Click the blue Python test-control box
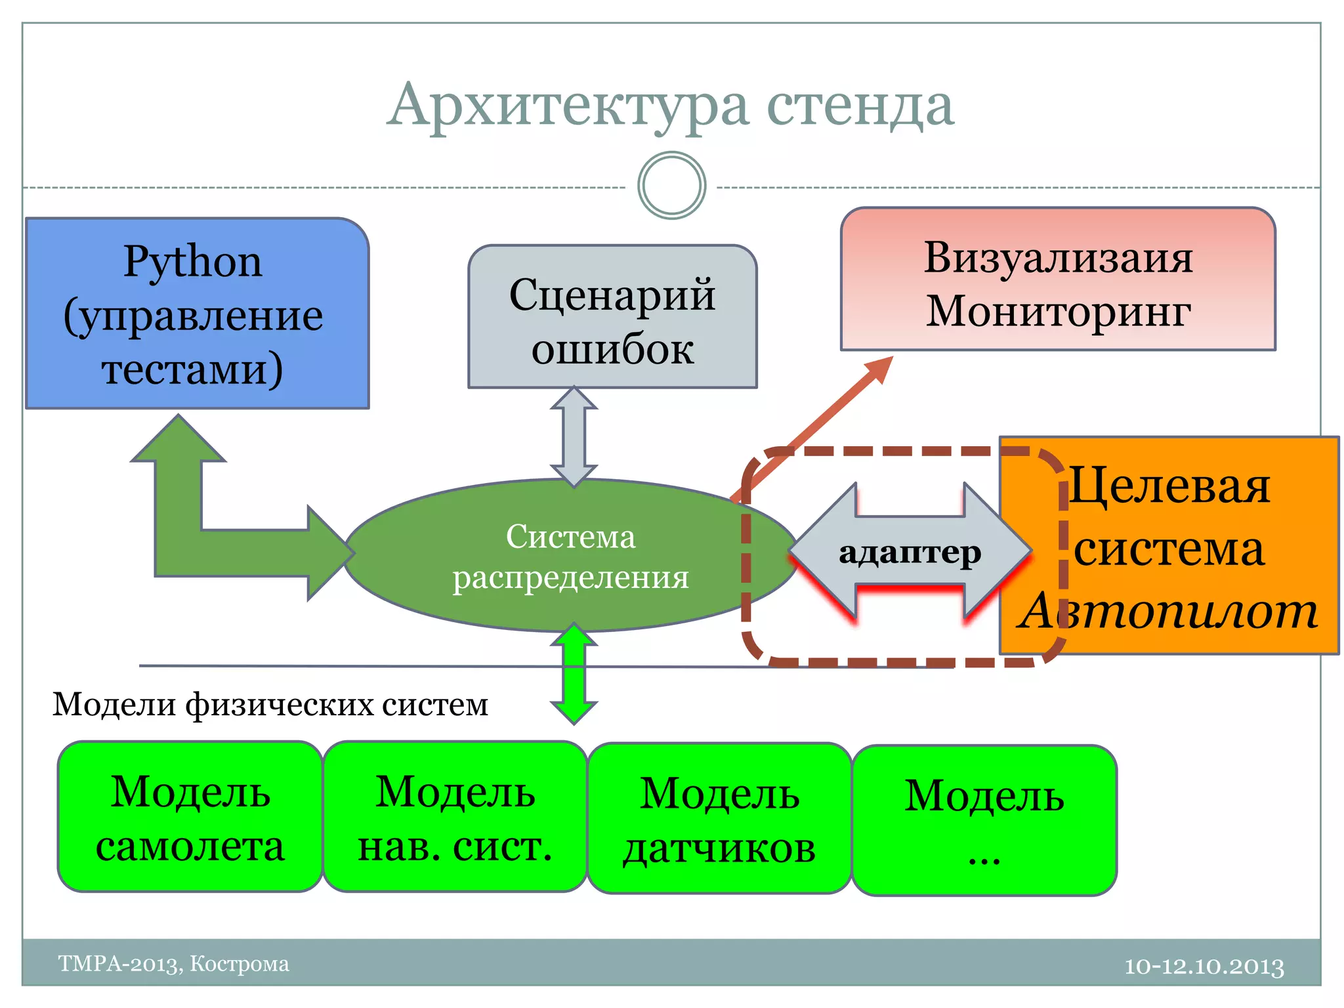tap(197, 314)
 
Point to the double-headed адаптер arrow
tap(910, 553)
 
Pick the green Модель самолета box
tap(190, 817)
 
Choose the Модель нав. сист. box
tap(455, 817)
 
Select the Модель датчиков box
tap(720, 819)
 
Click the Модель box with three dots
tap(984, 820)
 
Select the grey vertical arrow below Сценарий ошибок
tap(574, 436)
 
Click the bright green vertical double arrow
tap(574, 674)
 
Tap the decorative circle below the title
tap(671, 186)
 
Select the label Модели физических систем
tap(270, 705)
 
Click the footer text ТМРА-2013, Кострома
tap(174, 963)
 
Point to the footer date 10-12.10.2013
tap(1204, 966)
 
